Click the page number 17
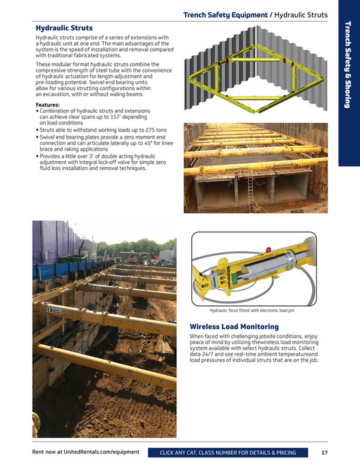[x=324, y=452]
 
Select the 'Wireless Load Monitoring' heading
[x=234, y=326]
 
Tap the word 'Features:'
[x=49, y=104]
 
